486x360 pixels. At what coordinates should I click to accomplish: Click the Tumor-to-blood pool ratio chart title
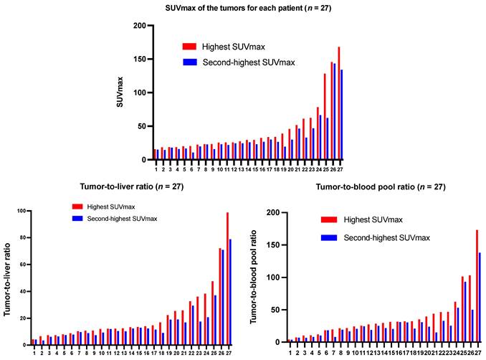point(371,187)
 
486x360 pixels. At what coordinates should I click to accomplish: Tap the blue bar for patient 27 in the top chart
point(342,115)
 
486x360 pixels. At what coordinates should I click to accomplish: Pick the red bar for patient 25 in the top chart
point(325,117)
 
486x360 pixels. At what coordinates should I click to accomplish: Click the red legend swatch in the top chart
point(189,46)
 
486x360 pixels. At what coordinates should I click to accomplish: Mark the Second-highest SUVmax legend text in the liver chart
point(122,218)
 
